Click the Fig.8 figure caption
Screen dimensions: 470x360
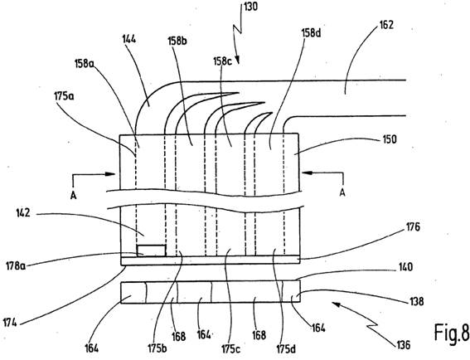[x=452, y=333]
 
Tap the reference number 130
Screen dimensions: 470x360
[x=250, y=7]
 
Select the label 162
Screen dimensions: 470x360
[x=386, y=25]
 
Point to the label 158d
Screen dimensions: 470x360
[x=311, y=33]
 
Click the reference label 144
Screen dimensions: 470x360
[x=129, y=39]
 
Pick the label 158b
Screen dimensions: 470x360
[x=177, y=41]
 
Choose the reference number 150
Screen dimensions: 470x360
[x=390, y=139]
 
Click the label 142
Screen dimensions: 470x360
[x=22, y=213]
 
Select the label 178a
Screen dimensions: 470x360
[x=16, y=265]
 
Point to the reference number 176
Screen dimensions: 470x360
[x=413, y=227]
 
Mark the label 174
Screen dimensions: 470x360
[x=10, y=323]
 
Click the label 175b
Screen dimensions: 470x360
[x=157, y=349]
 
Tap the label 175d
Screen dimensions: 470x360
[x=286, y=349]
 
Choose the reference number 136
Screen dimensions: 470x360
[x=403, y=345]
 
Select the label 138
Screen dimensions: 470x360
[x=416, y=301]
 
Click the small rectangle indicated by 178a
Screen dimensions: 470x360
[x=151, y=251]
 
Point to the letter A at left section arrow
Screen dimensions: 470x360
[x=74, y=196]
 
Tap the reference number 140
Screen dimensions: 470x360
[x=405, y=267]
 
